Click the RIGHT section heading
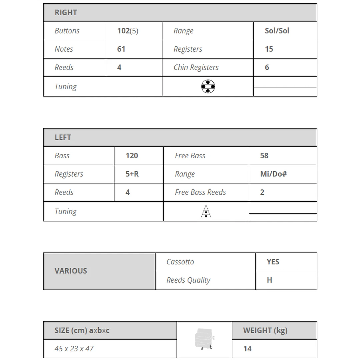(x=66, y=13)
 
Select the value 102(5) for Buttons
(x=128, y=31)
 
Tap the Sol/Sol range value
(x=277, y=31)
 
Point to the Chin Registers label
(x=196, y=67)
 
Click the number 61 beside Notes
(x=121, y=49)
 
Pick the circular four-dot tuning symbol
(x=208, y=87)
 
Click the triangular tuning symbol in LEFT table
(x=206, y=212)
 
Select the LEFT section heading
(x=63, y=137)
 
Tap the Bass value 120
(x=132, y=156)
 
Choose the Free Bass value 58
(x=264, y=156)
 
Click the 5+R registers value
(x=132, y=174)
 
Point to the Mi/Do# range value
(x=273, y=174)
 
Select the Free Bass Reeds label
(x=200, y=192)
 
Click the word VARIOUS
(x=71, y=271)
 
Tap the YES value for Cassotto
(x=273, y=262)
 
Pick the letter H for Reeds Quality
(x=269, y=280)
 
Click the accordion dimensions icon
(x=204, y=339)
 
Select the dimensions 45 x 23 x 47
(x=74, y=349)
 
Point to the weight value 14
(x=247, y=349)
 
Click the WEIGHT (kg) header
(x=265, y=331)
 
